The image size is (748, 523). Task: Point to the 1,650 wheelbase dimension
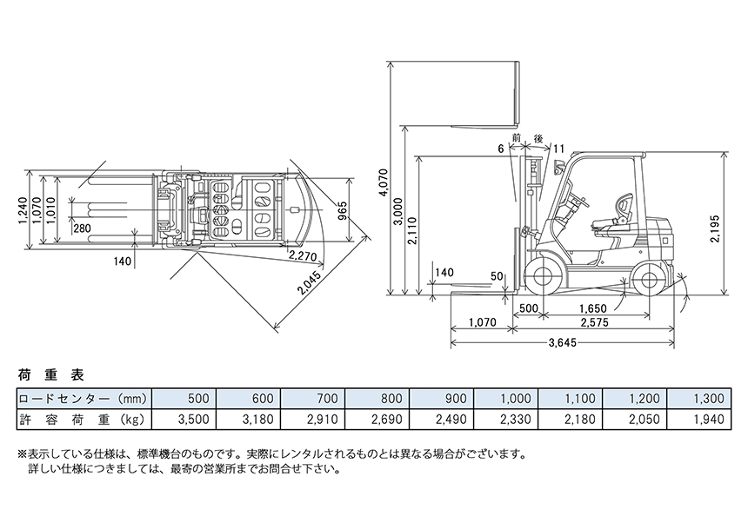(x=591, y=308)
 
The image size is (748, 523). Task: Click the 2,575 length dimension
(x=591, y=322)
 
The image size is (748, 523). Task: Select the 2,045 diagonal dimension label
(x=304, y=282)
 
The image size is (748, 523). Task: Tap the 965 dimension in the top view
(x=342, y=211)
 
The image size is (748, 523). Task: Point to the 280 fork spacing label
(x=83, y=228)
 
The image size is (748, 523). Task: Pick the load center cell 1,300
(x=706, y=399)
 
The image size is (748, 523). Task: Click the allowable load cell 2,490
(x=451, y=419)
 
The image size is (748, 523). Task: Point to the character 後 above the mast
(x=538, y=138)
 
